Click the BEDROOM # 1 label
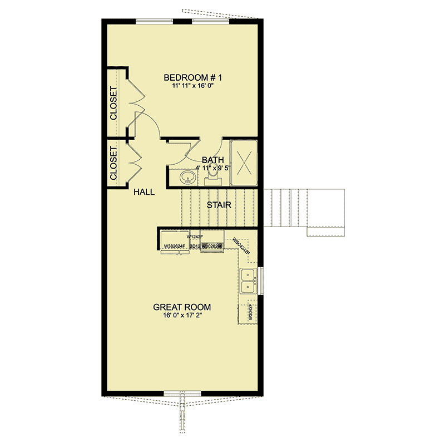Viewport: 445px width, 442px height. pyautogui.click(x=189, y=77)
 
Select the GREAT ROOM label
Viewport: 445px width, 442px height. pyautogui.click(x=182, y=307)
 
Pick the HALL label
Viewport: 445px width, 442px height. pyautogui.click(x=144, y=192)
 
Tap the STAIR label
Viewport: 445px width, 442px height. pyautogui.click(x=219, y=205)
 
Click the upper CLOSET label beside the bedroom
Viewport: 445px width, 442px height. pyautogui.click(x=113, y=104)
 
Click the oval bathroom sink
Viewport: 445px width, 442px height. pyautogui.click(x=187, y=178)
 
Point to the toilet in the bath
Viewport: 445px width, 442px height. pyautogui.click(x=212, y=177)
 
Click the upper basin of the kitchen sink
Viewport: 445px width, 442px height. pyautogui.click(x=248, y=274)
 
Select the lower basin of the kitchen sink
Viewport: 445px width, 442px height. pyautogui.click(x=248, y=287)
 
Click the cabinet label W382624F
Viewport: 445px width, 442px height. pyautogui.click(x=175, y=245)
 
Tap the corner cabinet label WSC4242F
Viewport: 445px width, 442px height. pyautogui.click(x=241, y=247)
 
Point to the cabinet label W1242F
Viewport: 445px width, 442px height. pyautogui.click(x=195, y=236)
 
